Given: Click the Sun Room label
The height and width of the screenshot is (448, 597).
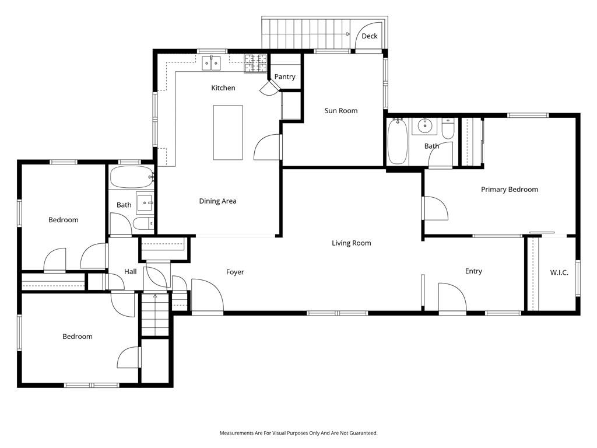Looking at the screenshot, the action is pyautogui.click(x=340, y=111).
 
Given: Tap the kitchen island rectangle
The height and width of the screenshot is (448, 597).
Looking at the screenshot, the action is pyautogui.click(x=228, y=132).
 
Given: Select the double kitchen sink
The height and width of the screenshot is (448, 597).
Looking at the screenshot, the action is pyautogui.click(x=211, y=63).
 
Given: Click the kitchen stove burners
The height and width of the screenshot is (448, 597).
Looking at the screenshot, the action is pyautogui.click(x=255, y=63).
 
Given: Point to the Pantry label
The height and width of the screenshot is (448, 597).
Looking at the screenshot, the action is pyautogui.click(x=285, y=76).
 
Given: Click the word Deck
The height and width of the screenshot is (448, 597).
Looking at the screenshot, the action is pyautogui.click(x=369, y=36).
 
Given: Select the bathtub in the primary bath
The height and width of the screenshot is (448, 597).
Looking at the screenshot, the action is pyautogui.click(x=398, y=141).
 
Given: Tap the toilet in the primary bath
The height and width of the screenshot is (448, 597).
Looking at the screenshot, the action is pyautogui.click(x=448, y=129).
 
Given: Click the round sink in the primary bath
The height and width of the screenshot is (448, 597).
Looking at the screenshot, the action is pyautogui.click(x=424, y=125).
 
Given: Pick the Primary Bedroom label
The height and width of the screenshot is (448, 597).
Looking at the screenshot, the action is pyautogui.click(x=510, y=190).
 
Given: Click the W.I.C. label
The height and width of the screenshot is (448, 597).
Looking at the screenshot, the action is pyautogui.click(x=559, y=273).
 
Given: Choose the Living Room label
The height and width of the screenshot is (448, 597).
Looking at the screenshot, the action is pyautogui.click(x=351, y=243).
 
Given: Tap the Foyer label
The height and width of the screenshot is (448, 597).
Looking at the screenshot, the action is pyautogui.click(x=235, y=272).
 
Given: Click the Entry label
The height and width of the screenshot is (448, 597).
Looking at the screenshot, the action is pyautogui.click(x=473, y=271).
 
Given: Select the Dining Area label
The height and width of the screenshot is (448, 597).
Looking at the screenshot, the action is pyautogui.click(x=218, y=201).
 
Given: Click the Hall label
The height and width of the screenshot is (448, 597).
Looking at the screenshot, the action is pyautogui.click(x=130, y=272).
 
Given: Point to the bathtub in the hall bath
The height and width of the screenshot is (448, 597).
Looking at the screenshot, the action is pyautogui.click(x=132, y=177).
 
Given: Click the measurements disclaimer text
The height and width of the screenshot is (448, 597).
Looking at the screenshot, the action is pyautogui.click(x=298, y=433).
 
